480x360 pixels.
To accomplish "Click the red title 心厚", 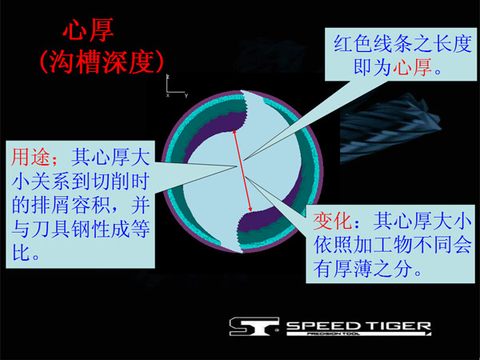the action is pyautogui.click(x=88, y=30).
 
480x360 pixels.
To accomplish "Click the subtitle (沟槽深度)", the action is pyautogui.click(x=102, y=62).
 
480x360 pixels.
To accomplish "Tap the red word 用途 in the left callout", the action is pyautogui.click(x=30, y=157).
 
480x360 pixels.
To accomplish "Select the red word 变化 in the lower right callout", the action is pyautogui.click(x=333, y=221).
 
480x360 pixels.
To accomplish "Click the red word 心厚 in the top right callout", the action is pyautogui.click(x=412, y=67).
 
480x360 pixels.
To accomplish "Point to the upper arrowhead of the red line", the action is pyautogui.click(x=234, y=131).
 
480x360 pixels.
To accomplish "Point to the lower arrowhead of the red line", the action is pyautogui.click(x=250, y=210).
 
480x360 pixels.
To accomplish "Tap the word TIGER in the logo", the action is pyautogui.click(x=398, y=326).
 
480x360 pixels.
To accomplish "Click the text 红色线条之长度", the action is pyautogui.click(x=402, y=44).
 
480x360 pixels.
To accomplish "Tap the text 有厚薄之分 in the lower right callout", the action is pyautogui.click(x=362, y=269).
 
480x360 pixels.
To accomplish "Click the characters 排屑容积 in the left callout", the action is pyautogui.click(x=70, y=205).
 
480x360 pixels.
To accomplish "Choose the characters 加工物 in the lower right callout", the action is pyautogui.click(x=382, y=245).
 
